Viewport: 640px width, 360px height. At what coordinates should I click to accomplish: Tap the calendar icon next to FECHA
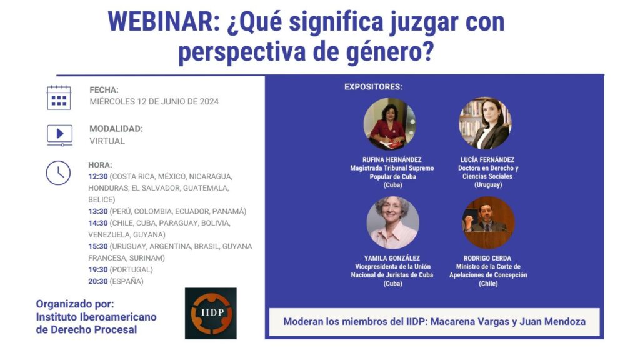pyautogui.click(x=59, y=98)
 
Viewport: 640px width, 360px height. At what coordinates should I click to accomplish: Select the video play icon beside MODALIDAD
pyautogui.click(x=59, y=135)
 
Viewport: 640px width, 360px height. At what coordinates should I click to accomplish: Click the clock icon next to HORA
pyautogui.click(x=58, y=172)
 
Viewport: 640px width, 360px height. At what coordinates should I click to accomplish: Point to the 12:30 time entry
pyautogui.click(x=98, y=176)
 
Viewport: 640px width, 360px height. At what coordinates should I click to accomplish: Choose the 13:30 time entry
pyautogui.click(x=98, y=211)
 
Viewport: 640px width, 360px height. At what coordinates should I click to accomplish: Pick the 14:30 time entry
pyautogui.click(x=98, y=223)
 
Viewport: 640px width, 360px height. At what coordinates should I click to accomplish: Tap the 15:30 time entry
pyautogui.click(x=98, y=246)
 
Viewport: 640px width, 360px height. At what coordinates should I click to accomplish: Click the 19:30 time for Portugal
pyautogui.click(x=98, y=270)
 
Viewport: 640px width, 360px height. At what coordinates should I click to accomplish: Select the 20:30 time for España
pyautogui.click(x=98, y=281)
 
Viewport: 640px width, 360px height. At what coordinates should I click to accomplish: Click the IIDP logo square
pyautogui.click(x=211, y=314)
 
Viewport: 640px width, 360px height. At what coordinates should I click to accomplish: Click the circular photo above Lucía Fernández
pyautogui.click(x=485, y=123)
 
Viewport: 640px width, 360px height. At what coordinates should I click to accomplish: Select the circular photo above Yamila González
pyautogui.click(x=392, y=223)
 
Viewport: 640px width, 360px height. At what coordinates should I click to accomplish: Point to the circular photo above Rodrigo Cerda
pyautogui.click(x=488, y=223)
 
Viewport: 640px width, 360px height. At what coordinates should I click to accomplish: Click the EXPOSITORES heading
pyautogui.click(x=374, y=87)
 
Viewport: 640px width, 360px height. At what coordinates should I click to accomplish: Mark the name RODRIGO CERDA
pyautogui.click(x=487, y=258)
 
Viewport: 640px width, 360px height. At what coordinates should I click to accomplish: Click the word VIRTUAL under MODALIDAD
pyautogui.click(x=107, y=141)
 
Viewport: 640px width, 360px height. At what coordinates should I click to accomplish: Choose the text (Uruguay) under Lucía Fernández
pyautogui.click(x=488, y=185)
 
